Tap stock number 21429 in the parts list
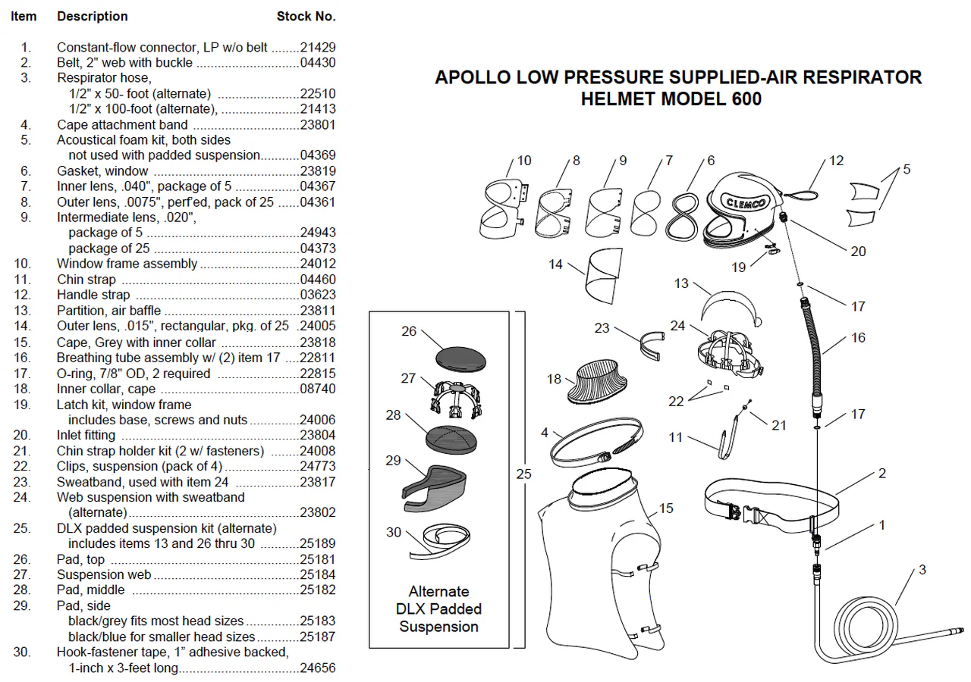pyautogui.click(x=319, y=47)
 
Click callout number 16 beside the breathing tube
pyautogui.click(x=857, y=338)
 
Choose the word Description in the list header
pyautogui.click(x=93, y=16)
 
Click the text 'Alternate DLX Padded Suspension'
pyautogui.click(x=438, y=608)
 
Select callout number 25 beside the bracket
pyautogui.click(x=523, y=474)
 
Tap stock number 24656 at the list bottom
pyautogui.click(x=319, y=668)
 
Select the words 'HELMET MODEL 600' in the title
pyautogui.click(x=671, y=99)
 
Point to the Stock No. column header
pyautogui.click(x=306, y=16)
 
